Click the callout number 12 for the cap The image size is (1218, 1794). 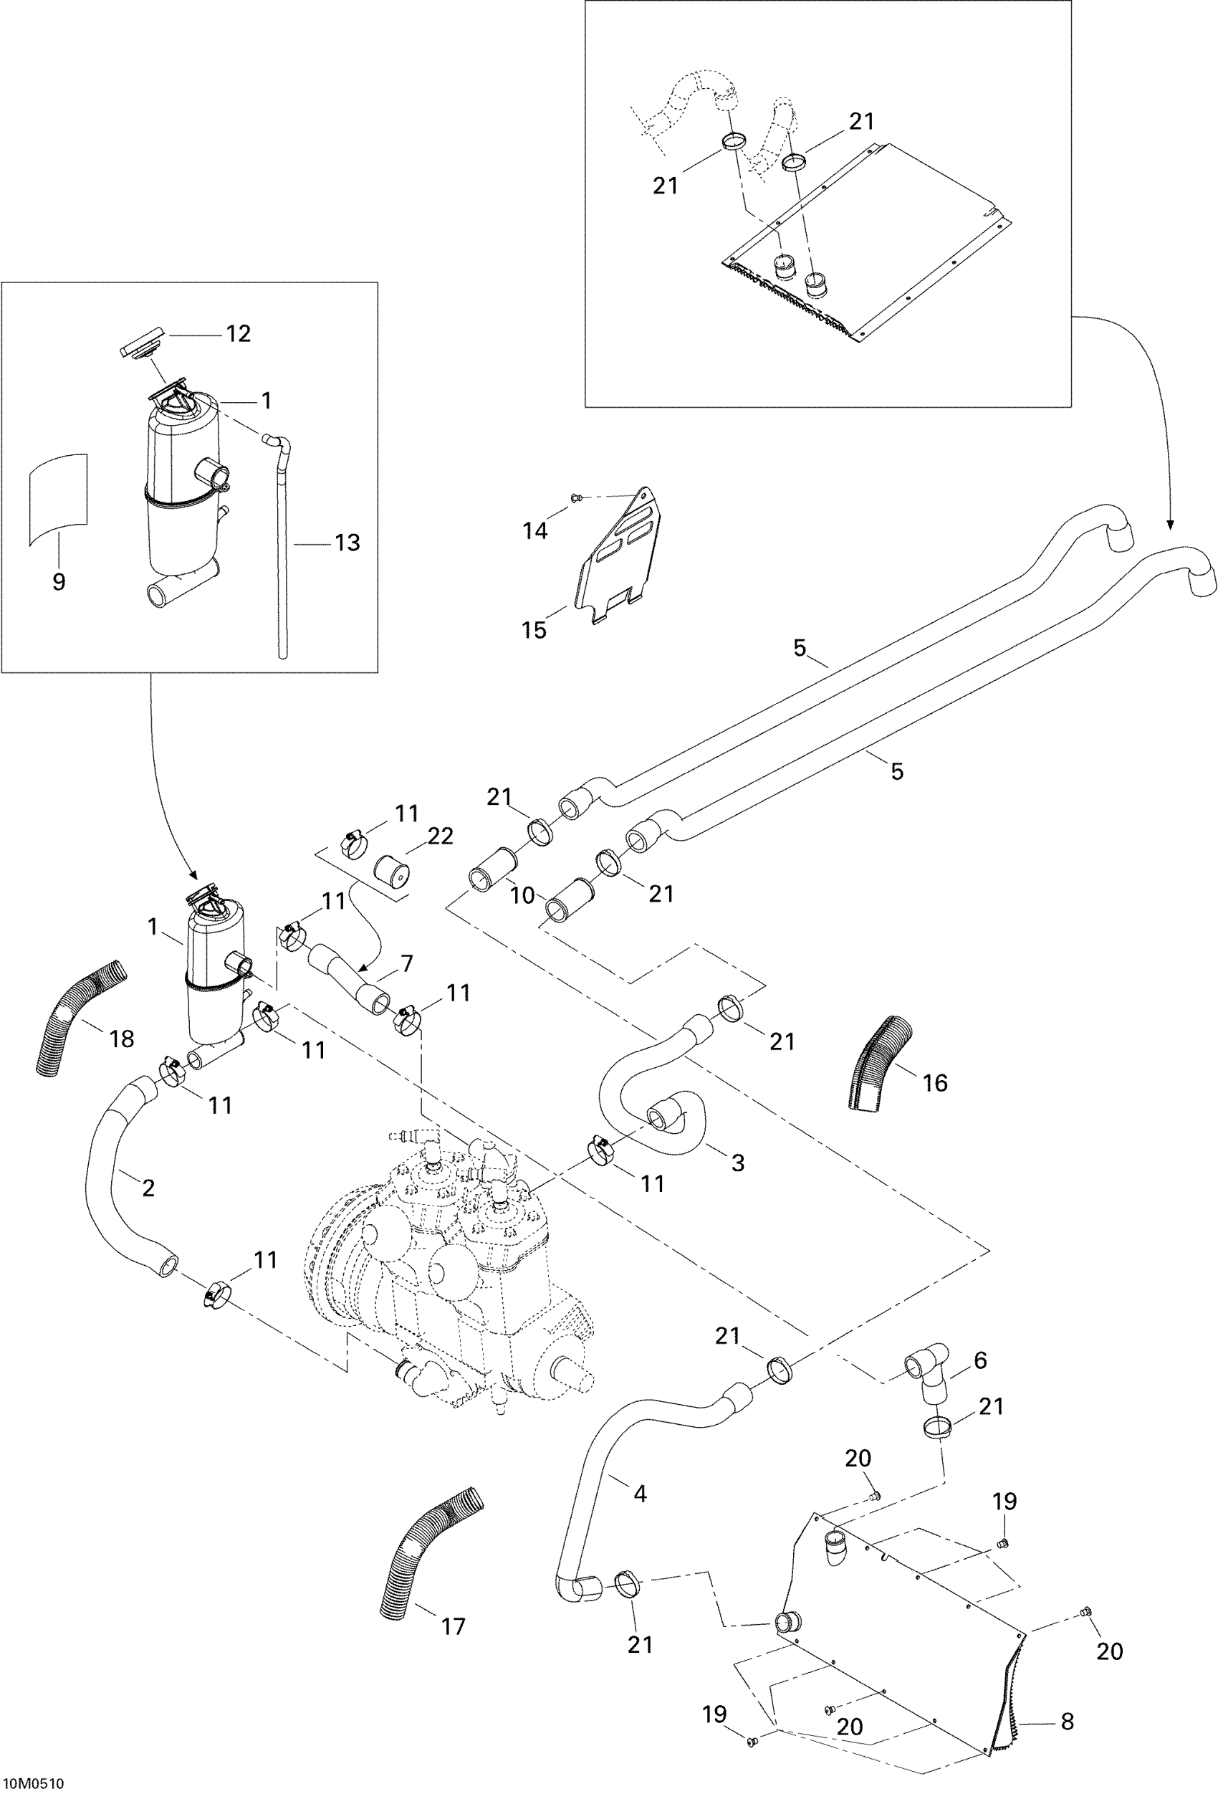(x=238, y=333)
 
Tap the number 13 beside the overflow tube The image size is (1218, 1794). (x=347, y=543)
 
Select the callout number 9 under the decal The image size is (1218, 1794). (x=59, y=582)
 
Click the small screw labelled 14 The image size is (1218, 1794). (x=575, y=499)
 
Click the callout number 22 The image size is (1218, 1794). (x=439, y=836)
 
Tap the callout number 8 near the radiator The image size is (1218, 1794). (x=1068, y=1721)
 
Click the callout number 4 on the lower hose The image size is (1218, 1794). (x=639, y=1493)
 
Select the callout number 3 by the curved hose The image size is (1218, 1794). (x=737, y=1183)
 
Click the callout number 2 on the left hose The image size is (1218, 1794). (x=148, y=1186)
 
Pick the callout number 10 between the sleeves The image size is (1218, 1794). (x=522, y=894)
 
